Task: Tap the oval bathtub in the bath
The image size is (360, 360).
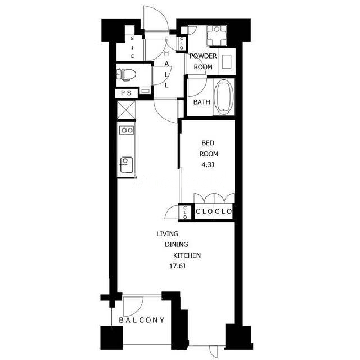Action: [224, 97]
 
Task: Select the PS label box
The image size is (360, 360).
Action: [126, 93]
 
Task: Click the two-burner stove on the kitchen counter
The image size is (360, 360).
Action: [127, 130]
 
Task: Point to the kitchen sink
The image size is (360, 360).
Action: [126, 165]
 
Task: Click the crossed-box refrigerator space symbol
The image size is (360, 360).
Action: [126, 110]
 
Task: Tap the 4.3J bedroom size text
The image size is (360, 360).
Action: [208, 165]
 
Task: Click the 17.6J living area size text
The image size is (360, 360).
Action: [177, 266]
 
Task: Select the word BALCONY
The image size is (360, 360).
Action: [142, 320]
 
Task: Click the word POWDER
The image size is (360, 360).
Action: [203, 56]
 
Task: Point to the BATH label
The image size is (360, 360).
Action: [201, 102]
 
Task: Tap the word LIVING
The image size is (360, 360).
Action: [168, 234]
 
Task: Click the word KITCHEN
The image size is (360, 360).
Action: [187, 255]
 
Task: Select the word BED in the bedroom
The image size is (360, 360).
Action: [208, 143]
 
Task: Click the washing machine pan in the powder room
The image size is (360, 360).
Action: [217, 35]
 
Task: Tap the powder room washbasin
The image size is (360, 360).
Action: [227, 61]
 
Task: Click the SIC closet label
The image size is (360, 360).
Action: [132, 47]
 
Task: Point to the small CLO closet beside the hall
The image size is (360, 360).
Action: [182, 43]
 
